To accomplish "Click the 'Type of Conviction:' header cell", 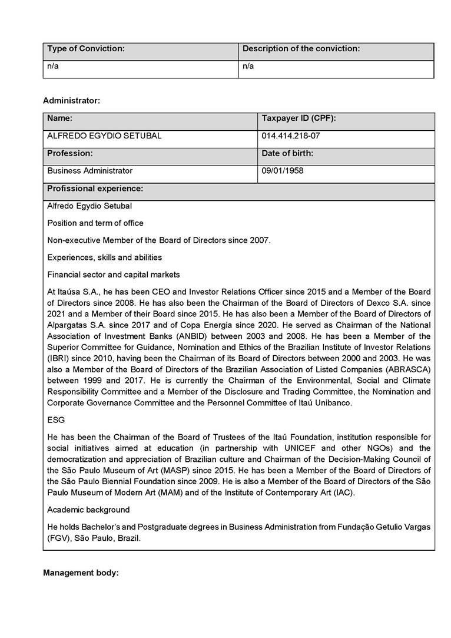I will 86,49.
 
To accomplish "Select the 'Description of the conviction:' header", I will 301,49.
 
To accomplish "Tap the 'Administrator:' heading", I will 71,101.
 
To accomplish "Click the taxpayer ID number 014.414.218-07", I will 291,136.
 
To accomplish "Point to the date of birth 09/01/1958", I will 283,171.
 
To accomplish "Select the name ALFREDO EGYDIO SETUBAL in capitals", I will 104,136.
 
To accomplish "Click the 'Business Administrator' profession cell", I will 90,171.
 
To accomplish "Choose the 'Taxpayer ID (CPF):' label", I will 299,119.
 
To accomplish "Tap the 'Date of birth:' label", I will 287,154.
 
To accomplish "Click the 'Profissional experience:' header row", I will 95,189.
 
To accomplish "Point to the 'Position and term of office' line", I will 95,223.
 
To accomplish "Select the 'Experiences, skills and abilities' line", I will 104,257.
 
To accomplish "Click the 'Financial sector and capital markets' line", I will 114,275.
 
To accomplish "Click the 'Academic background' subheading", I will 88,510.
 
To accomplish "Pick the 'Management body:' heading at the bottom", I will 81,573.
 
